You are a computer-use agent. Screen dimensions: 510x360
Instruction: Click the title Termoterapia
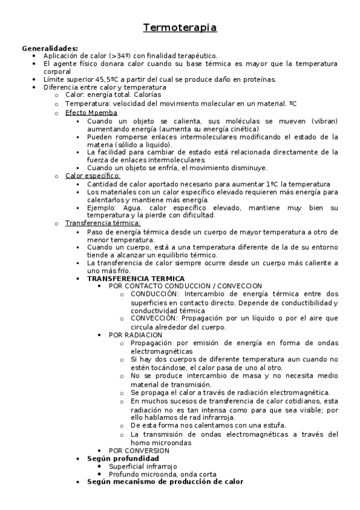(x=180, y=28)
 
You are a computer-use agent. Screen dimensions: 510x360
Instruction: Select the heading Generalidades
(x=50, y=48)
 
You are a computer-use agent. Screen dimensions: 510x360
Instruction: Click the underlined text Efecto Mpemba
(x=91, y=112)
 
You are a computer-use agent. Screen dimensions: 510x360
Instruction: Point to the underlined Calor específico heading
(x=93, y=176)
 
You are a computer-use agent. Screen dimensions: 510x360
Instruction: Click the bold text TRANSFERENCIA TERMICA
(x=136, y=278)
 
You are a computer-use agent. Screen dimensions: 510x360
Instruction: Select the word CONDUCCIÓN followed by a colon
(x=154, y=294)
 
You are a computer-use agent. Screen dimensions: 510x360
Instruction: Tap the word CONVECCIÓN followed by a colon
(x=154, y=318)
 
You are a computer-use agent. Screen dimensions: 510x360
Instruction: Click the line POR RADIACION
(x=135, y=334)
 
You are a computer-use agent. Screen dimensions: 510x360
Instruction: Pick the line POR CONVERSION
(x=139, y=450)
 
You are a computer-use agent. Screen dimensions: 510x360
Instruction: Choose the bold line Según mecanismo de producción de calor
(x=165, y=482)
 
